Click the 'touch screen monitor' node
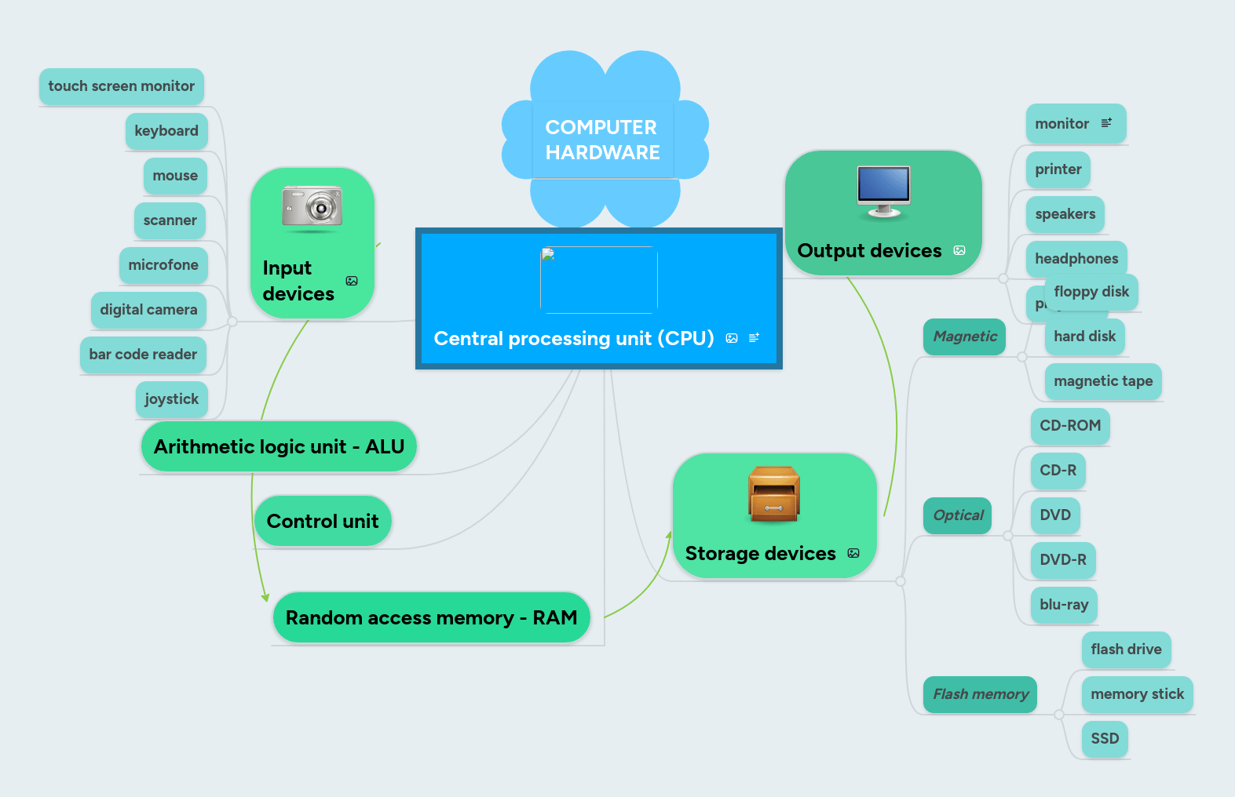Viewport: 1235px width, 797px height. pyautogui.click(x=121, y=86)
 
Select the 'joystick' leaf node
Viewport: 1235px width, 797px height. pyautogui.click(x=171, y=399)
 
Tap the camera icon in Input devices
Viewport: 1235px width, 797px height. pyautogui.click(x=312, y=209)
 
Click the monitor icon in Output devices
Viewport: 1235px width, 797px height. pyautogui.click(x=883, y=191)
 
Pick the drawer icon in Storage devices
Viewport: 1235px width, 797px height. pyautogui.click(x=773, y=494)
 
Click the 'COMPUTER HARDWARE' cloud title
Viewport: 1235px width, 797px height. pyautogui.click(x=602, y=140)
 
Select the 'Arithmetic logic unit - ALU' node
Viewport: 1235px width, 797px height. pyautogui.click(x=279, y=447)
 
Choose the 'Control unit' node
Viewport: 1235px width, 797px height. pyautogui.click(x=322, y=522)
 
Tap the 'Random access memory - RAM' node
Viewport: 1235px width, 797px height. pyautogui.click(x=430, y=618)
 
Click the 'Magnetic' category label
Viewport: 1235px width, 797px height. pyautogui.click(x=964, y=337)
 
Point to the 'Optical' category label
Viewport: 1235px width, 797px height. pyautogui.click(x=957, y=515)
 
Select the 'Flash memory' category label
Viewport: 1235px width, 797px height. pyautogui.click(x=980, y=694)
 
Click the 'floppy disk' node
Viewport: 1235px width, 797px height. pyautogui.click(x=1091, y=292)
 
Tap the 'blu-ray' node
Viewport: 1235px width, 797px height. pyautogui.click(x=1063, y=605)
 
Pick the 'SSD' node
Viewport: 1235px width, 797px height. pyautogui.click(x=1104, y=739)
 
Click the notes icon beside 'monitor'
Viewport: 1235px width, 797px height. pyautogui.click(x=1106, y=123)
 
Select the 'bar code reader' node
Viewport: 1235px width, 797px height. pyautogui.click(x=143, y=355)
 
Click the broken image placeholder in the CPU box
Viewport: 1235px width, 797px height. pyautogui.click(x=598, y=279)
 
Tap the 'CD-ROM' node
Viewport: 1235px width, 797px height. pyautogui.click(x=1069, y=426)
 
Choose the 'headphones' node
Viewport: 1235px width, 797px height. pyautogui.click(x=1076, y=259)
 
